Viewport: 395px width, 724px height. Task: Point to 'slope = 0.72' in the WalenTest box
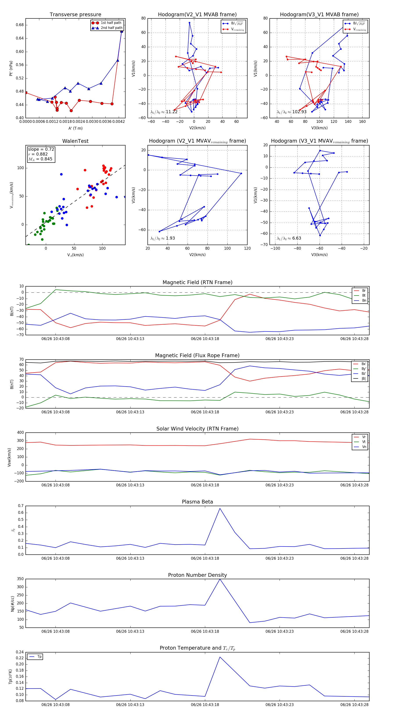click(x=41, y=149)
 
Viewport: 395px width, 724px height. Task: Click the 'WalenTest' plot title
click(x=75, y=141)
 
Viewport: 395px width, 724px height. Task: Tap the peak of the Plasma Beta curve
click(x=220, y=508)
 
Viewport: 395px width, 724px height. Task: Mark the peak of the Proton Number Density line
click(x=220, y=579)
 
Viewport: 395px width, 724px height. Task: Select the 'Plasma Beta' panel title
click(x=197, y=502)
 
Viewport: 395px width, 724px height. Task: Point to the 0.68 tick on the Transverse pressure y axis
click(x=20, y=25)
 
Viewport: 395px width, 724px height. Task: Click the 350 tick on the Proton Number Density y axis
click(x=20, y=579)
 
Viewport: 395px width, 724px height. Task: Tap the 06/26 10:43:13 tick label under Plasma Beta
click(x=130, y=558)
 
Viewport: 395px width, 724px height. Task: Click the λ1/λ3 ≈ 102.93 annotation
click(x=292, y=112)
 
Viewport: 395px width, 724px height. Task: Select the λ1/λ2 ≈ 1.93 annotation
click(x=162, y=238)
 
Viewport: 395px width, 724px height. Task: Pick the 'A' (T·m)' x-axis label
click(x=75, y=128)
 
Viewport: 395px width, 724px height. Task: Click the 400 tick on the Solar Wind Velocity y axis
click(x=20, y=433)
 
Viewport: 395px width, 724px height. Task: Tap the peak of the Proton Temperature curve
click(x=220, y=657)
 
